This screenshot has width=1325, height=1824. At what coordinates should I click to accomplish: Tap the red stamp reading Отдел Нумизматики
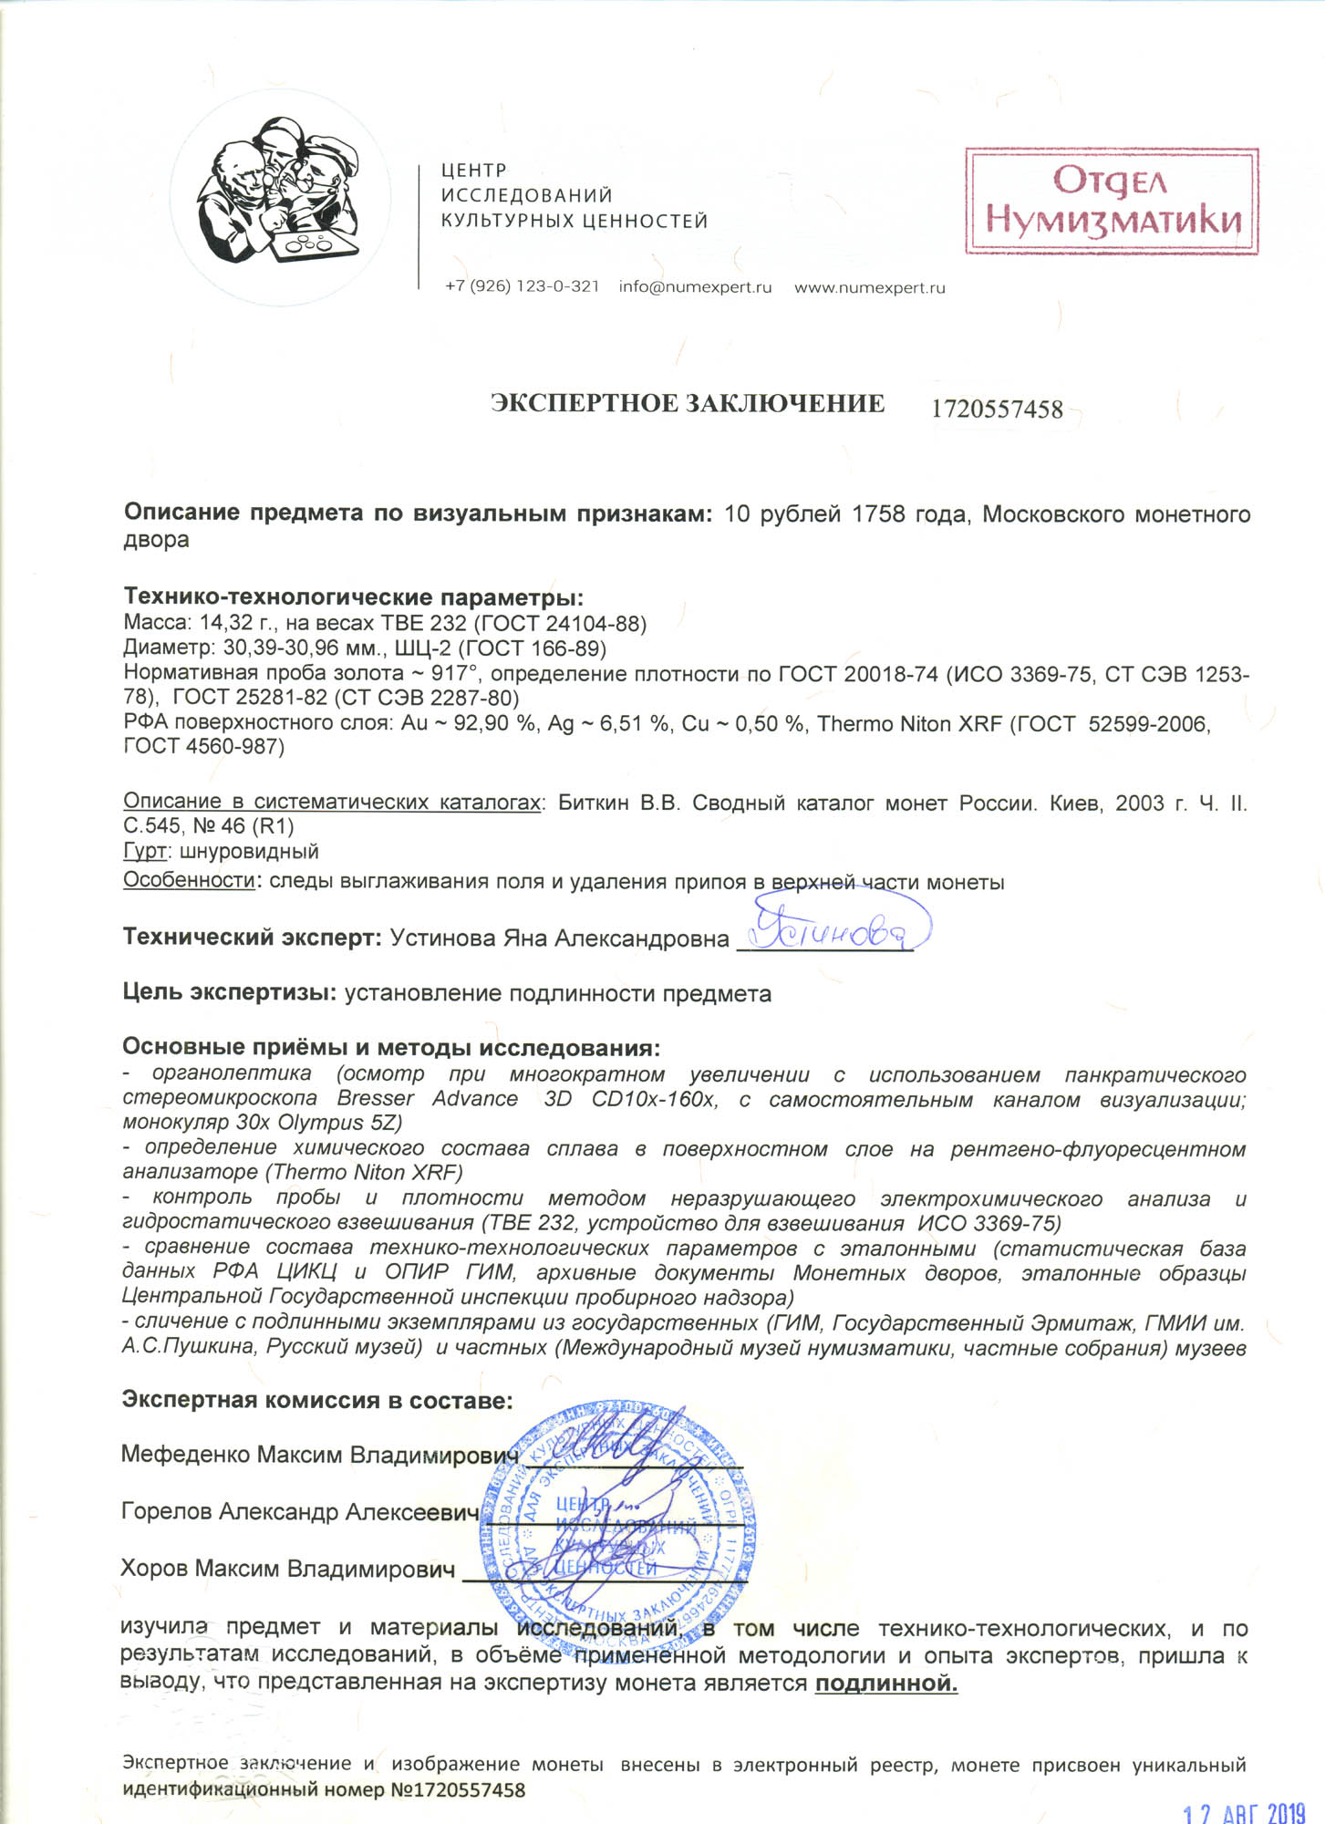pyautogui.click(x=1112, y=201)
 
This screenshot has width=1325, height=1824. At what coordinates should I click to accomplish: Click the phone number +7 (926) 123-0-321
pyautogui.click(x=522, y=287)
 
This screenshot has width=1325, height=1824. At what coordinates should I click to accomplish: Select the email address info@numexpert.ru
pyautogui.click(x=695, y=287)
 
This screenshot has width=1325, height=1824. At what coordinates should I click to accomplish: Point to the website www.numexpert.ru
pyautogui.click(x=869, y=288)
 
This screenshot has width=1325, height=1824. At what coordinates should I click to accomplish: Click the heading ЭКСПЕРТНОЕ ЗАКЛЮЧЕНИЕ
pyautogui.click(x=688, y=404)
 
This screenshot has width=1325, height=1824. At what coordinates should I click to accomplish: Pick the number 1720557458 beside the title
pyautogui.click(x=997, y=409)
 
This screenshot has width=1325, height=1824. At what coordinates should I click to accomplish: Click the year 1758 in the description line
pyautogui.click(x=878, y=514)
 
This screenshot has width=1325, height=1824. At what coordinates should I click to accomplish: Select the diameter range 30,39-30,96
pyautogui.click(x=285, y=648)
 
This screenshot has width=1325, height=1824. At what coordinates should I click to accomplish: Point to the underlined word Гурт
pyautogui.click(x=145, y=852)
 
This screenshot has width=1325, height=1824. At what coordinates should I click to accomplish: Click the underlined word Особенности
pyautogui.click(x=189, y=881)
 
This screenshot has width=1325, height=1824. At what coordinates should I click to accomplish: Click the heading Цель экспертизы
pyautogui.click(x=229, y=993)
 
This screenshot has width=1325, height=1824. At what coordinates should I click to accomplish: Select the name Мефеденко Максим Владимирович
pyautogui.click(x=319, y=1454)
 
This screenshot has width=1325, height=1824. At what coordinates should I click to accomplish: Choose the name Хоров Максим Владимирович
pyautogui.click(x=287, y=1569)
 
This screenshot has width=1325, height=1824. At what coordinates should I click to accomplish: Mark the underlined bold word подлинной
pyautogui.click(x=885, y=1684)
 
